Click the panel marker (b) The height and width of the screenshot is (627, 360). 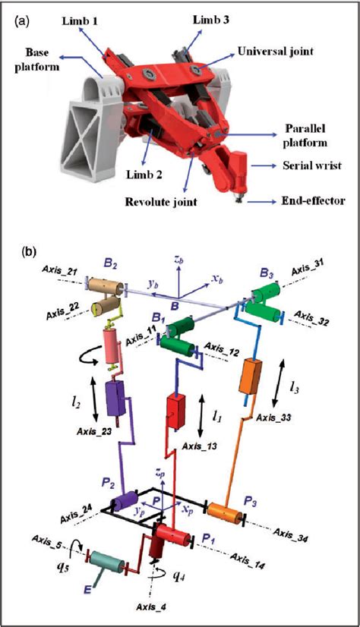point(23,247)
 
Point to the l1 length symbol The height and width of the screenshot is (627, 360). point(218,417)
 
